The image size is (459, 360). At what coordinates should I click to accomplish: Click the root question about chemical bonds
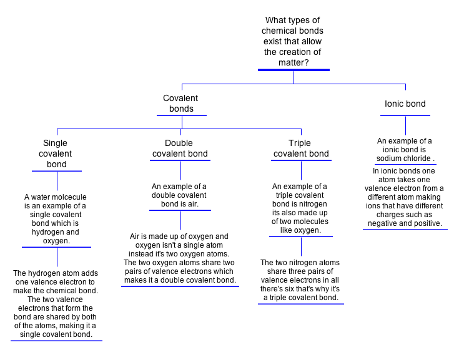point(294,41)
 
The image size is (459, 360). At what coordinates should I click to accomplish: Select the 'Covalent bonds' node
point(180,104)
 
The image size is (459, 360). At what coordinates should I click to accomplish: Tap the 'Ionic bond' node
point(405,104)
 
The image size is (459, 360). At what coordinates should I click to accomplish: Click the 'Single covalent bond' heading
point(56,154)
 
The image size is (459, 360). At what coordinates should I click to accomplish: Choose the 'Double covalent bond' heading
point(180,148)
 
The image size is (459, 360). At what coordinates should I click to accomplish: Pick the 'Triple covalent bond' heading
point(301,148)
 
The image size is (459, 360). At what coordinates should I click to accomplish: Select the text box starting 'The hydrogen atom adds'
point(56,304)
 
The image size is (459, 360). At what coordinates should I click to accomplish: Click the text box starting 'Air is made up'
point(180,258)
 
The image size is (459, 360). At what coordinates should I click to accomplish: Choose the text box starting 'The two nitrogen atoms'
point(300,280)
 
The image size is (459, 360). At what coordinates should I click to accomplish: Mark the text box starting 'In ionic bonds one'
point(405,197)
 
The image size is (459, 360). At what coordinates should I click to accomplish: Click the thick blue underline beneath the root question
point(294,71)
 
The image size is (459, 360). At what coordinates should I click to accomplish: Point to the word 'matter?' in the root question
point(294,62)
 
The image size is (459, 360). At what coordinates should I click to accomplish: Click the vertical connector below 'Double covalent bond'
point(180,171)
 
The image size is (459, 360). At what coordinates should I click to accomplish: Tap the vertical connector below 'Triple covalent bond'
point(301,171)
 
